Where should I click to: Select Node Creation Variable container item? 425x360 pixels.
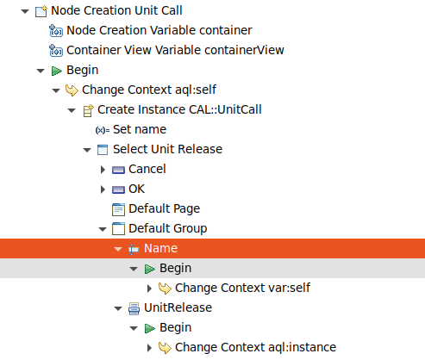coord(147,31)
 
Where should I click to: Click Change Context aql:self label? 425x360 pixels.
coord(142,90)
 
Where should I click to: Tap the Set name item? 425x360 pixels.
coord(140,129)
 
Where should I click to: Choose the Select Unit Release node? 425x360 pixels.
coord(167,149)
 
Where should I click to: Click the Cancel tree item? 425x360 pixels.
coord(147,169)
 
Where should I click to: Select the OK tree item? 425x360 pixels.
coord(137,189)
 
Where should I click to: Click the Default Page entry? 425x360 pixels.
coord(164,208)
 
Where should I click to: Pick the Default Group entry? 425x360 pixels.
coord(167,228)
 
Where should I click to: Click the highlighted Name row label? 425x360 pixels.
coord(160,248)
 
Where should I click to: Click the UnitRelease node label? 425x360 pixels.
coord(178,307)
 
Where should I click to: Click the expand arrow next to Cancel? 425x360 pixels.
coord(103,169)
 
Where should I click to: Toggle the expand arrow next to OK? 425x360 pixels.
coord(103,189)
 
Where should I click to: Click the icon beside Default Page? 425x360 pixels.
coord(119,208)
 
